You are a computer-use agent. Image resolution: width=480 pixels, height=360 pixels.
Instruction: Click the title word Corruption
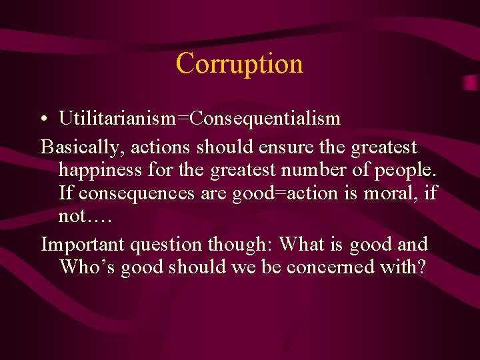239,64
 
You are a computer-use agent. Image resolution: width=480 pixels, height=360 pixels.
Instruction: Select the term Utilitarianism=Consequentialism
199,119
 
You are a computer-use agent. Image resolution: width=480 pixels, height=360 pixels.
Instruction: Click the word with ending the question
403,267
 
